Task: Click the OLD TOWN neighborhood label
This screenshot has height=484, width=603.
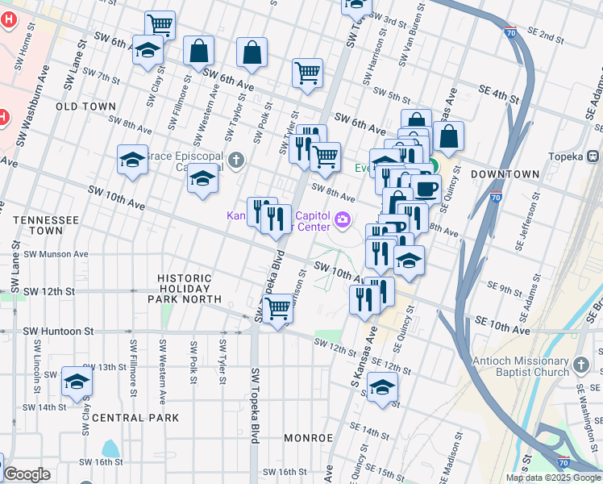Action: point(85,106)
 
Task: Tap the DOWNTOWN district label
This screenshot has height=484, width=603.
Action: point(505,174)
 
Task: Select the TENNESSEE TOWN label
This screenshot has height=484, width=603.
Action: point(46,225)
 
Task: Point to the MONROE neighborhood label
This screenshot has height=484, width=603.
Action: point(308,438)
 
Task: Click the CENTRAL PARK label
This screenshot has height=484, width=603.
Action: point(135,418)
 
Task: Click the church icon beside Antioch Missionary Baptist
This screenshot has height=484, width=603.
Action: point(582,367)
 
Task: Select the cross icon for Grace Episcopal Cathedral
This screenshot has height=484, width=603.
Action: point(236,160)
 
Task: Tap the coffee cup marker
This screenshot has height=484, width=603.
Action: point(425,189)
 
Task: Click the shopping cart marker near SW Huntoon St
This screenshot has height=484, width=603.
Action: point(277,307)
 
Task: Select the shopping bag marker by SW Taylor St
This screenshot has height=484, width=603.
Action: point(252,53)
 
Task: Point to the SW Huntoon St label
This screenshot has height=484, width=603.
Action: point(59,332)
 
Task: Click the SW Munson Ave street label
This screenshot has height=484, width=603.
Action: point(56,254)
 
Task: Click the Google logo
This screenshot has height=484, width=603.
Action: point(26,474)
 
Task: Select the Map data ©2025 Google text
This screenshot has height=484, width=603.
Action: point(553,478)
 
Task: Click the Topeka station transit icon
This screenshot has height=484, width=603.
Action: point(593,155)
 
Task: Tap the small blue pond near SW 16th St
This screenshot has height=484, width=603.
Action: point(110,448)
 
